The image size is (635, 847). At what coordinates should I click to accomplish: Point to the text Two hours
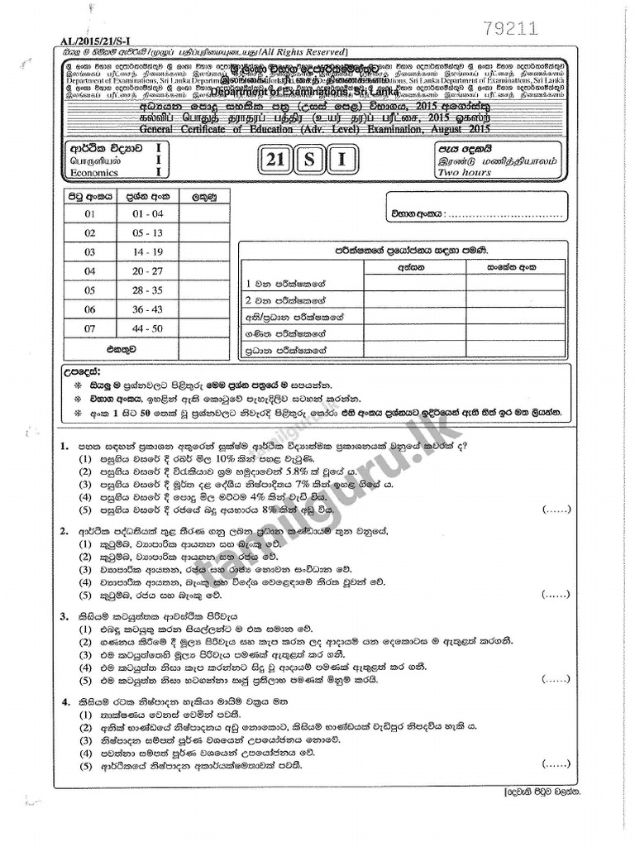465,173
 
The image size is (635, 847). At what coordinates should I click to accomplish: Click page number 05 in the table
90,290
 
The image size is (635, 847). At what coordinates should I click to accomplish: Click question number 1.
64,447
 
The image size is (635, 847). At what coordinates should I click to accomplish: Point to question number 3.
64,616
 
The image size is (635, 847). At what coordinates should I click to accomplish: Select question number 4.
64,702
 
